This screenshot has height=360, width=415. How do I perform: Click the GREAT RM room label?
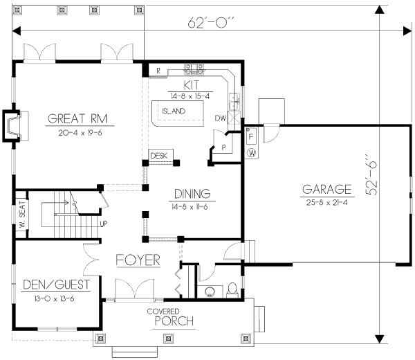tap(81, 118)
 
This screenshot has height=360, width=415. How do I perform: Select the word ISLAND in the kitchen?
tap(172, 111)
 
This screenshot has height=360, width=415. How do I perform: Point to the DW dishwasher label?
tap(220, 118)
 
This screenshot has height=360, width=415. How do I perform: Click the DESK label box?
tap(158, 156)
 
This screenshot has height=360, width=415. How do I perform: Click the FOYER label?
tap(138, 260)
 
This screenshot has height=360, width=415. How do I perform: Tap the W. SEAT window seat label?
tap(22, 215)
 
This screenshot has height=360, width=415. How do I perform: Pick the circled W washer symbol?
tap(252, 152)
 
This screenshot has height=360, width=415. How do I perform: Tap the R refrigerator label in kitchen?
tap(158, 71)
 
